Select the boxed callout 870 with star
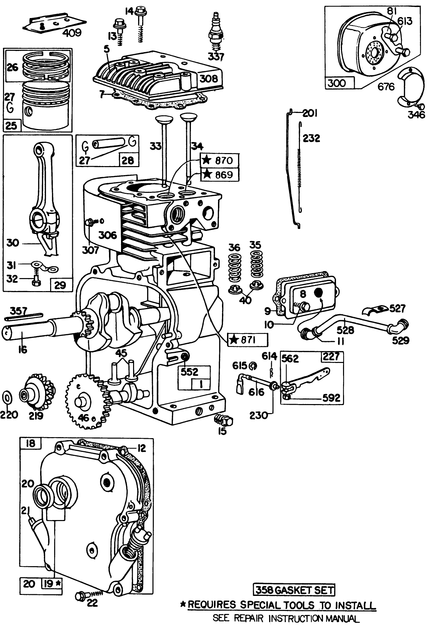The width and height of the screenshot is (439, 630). point(220,160)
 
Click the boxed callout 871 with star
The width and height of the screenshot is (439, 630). point(247,340)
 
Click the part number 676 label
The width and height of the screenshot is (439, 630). point(386,87)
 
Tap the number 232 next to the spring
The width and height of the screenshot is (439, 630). point(311,138)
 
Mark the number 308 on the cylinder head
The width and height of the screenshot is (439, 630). point(209,79)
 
